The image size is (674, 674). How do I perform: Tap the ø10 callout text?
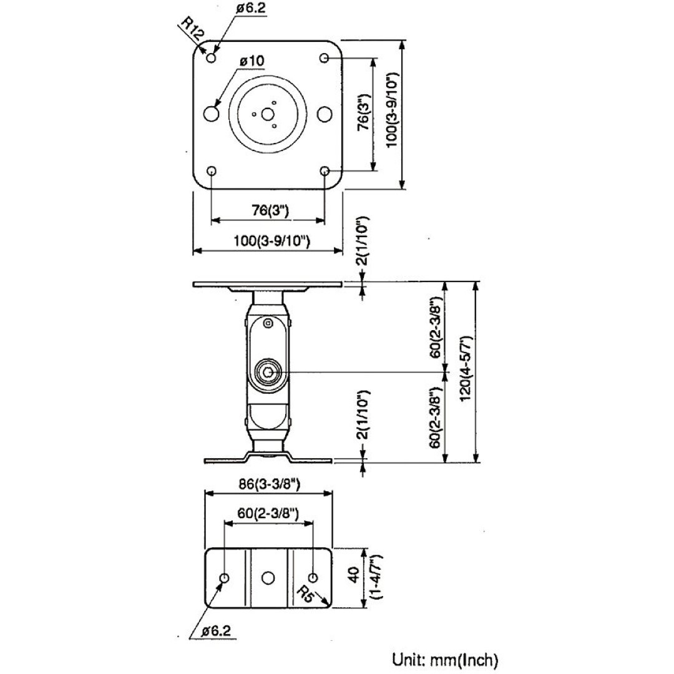[251, 61]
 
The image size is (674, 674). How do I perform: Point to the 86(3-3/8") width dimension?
[268, 482]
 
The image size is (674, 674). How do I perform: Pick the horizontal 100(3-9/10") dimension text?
[268, 241]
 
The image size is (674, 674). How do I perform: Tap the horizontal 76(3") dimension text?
[270, 210]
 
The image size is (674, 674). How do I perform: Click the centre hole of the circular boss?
[267, 114]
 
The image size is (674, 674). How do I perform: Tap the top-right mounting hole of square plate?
[325, 58]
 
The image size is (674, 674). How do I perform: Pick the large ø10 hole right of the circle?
[324, 114]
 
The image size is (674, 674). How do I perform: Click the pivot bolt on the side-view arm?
[268, 373]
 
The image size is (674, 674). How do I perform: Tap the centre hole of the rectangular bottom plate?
[268, 577]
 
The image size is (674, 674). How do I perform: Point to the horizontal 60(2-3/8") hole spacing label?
[268, 514]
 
